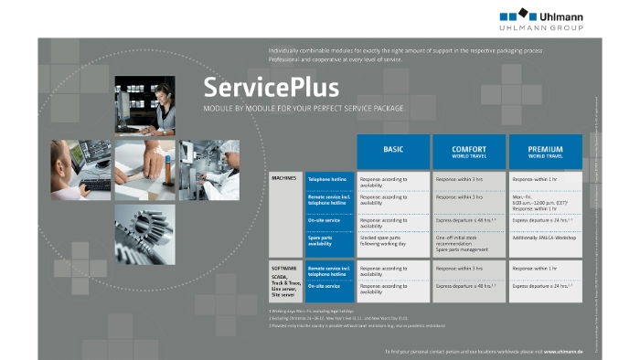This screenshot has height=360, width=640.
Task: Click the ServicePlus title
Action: pyautogui.click(x=271, y=88)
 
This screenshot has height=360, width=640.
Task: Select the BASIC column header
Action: pyautogui.click(x=393, y=151)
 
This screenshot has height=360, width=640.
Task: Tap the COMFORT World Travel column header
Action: pyautogui.click(x=468, y=151)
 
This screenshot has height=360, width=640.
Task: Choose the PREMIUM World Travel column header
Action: pyautogui.click(x=545, y=151)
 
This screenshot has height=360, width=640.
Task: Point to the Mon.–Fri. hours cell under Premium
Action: pyautogui.click(x=545, y=202)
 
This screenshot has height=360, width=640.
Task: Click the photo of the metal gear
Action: pyautogui.click(x=144, y=232)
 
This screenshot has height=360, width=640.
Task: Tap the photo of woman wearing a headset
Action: pyautogui.click(x=144, y=105)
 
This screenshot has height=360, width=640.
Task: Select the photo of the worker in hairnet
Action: pyautogui.click(x=208, y=170)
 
